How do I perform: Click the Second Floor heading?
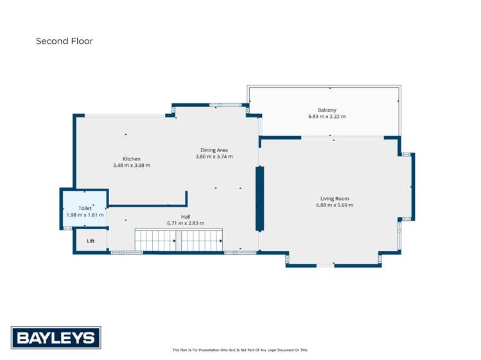64,41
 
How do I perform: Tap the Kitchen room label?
132,159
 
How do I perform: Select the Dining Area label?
214,150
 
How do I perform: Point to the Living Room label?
335,198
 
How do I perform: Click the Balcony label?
327,110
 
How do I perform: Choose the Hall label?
186,216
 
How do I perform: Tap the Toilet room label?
85,208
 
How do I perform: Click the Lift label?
91,241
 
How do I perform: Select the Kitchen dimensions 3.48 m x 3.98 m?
132,166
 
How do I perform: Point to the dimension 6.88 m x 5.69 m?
335,205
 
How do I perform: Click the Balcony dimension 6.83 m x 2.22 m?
327,117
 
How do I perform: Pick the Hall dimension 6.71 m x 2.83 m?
186,223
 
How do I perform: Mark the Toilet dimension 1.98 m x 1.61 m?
85,215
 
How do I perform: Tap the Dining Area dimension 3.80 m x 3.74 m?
214,157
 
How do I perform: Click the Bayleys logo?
56,338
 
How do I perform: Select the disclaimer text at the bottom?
240,350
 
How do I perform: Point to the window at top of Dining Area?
225,105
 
